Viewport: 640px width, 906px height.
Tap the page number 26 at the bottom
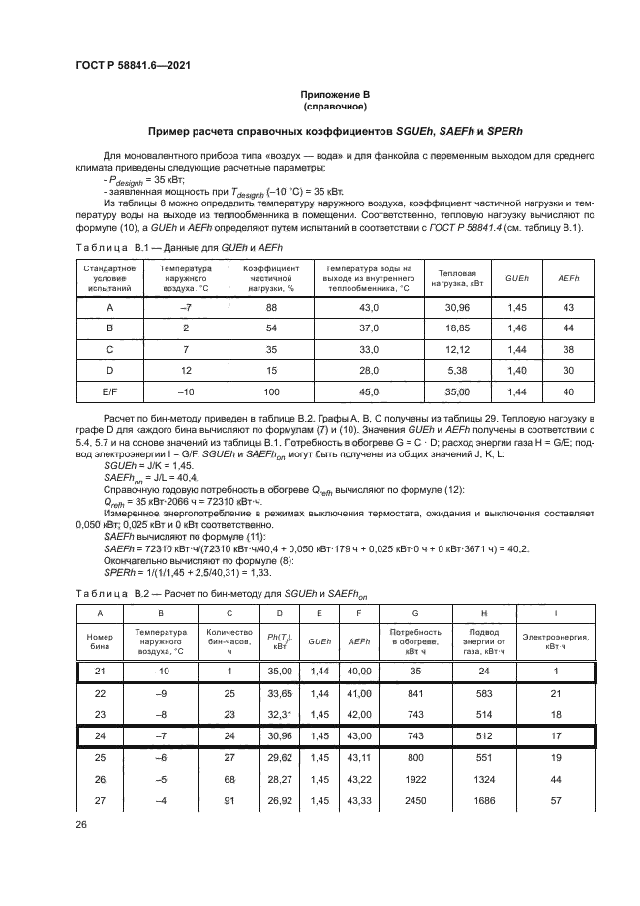pos(80,827)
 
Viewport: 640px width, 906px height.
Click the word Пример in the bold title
pos(169,130)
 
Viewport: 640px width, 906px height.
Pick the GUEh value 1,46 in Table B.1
pos(516,328)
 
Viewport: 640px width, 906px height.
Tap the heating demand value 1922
pos(415,779)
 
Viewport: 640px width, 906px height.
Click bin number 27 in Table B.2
pos(99,800)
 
